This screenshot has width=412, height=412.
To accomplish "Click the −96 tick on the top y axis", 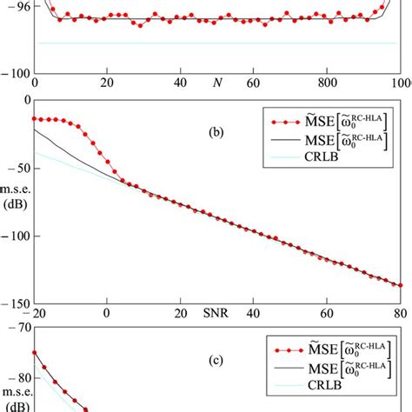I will pos(17,5).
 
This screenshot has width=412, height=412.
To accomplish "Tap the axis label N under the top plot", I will pos(216,84).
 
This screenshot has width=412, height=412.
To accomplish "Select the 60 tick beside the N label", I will pos(253,84).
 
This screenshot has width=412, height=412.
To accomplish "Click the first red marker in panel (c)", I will pos(35,352).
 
